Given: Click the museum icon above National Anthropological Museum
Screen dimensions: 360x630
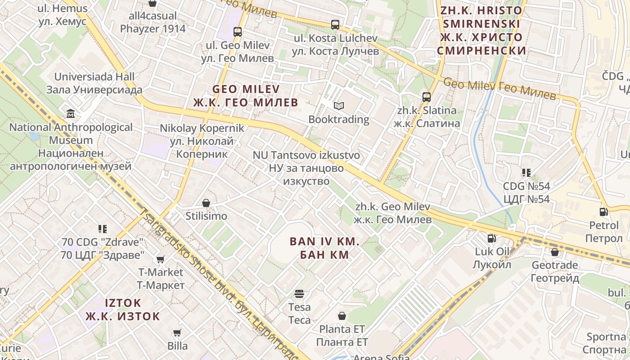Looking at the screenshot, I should point(71,113).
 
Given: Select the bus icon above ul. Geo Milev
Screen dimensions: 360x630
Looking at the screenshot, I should point(238,32).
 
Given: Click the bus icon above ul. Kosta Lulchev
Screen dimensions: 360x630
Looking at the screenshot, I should point(335,25).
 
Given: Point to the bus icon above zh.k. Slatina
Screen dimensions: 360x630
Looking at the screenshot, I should point(426,97).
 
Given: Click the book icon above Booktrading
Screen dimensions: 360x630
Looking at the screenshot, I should point(338,106).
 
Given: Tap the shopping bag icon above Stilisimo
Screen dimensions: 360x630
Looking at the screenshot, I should point(206,203).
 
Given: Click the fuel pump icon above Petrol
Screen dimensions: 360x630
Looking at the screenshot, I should point(604,211).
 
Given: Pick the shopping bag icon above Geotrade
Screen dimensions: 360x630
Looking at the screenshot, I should point(554,252).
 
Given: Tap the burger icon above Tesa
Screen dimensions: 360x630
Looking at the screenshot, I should point(299,294).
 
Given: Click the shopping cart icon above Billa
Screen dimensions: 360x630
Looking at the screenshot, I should point(177,333).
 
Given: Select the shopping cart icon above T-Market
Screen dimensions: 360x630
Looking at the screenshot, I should point(160,259).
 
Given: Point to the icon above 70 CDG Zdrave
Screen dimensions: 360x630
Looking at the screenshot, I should point(102,229).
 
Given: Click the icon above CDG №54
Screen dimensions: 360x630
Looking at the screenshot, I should point(526,173).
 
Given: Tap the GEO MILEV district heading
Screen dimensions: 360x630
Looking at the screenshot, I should point(246,95).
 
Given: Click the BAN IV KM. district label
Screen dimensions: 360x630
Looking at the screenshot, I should point(324,248).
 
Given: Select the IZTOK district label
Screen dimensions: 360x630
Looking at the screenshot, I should point(122,309).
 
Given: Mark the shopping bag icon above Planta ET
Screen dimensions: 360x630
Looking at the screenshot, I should point(342,315).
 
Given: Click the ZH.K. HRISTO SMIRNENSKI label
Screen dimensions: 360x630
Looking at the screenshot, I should point(481,30).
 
